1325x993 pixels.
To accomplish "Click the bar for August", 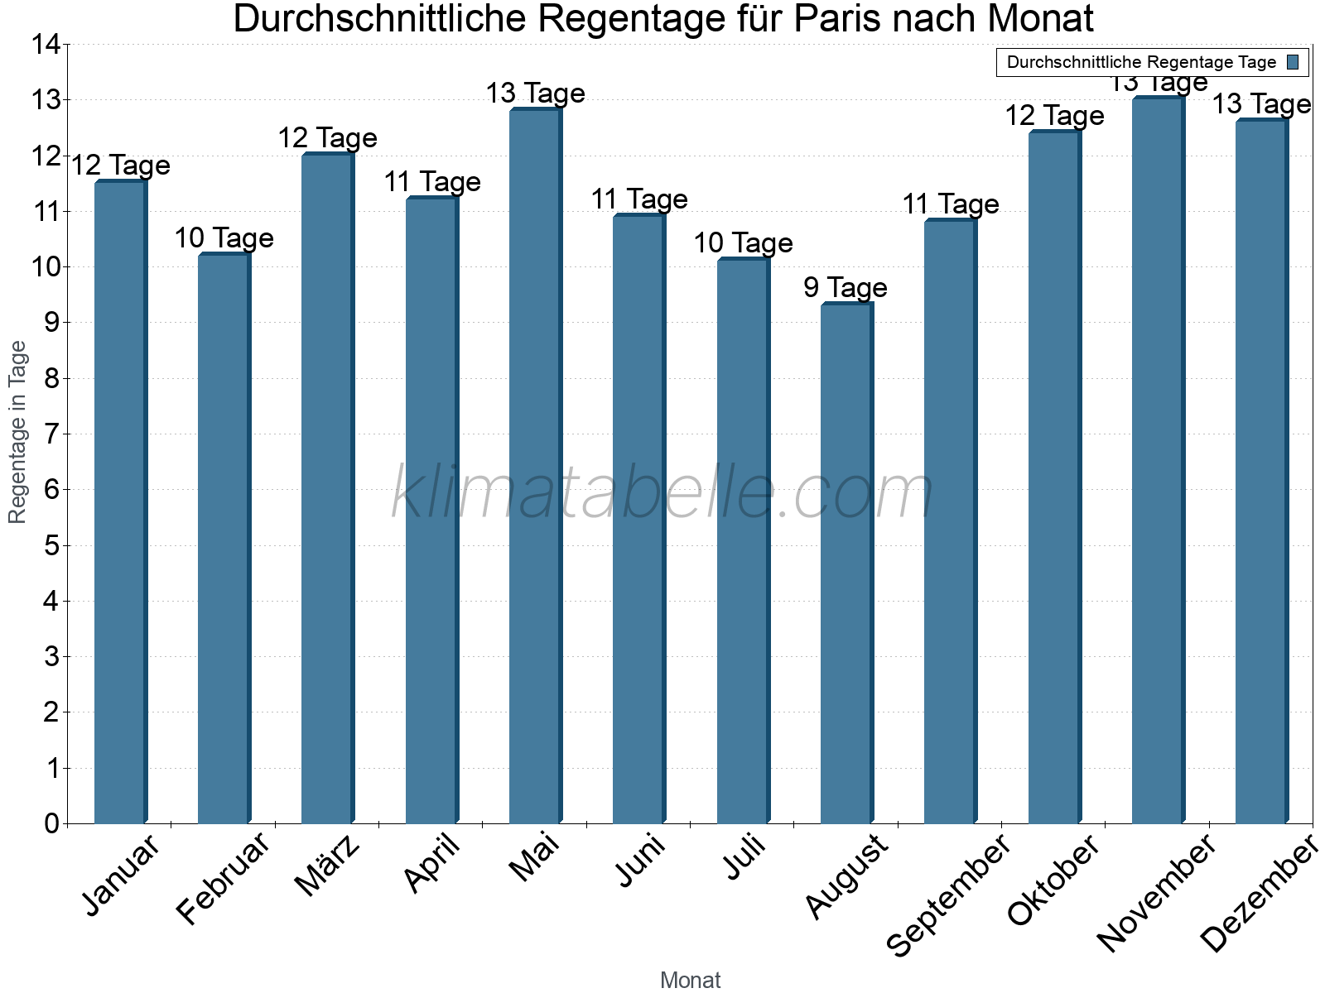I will [846, 563].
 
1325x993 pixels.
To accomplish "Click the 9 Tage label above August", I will [846, 288].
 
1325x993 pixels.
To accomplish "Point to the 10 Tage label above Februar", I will [224, 238].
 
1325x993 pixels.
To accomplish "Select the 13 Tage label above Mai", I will [535, 94].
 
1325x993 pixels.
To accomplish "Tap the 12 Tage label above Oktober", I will [1054, 116].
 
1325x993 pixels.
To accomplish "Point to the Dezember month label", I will [1260, 894].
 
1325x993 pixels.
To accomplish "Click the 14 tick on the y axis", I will [46, 45].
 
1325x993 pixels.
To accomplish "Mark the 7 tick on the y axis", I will [52, 434].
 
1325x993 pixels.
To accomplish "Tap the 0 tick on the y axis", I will [52, 823].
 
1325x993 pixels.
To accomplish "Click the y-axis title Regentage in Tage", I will [17, 432].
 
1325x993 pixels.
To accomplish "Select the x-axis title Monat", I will [690, 981].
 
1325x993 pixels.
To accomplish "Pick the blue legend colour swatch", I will [1293, 62].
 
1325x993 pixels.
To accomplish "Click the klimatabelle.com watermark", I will [662, 493].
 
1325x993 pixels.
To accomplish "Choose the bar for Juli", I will [743, 541].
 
